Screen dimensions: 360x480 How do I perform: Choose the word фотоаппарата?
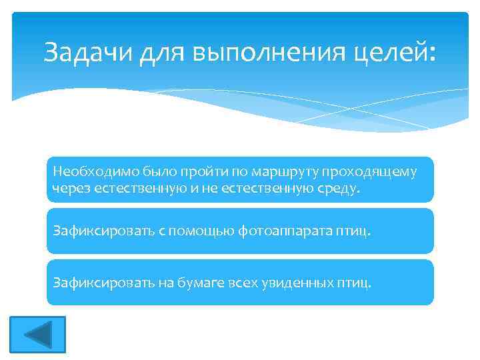287,231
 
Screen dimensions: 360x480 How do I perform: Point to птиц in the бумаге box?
357,282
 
